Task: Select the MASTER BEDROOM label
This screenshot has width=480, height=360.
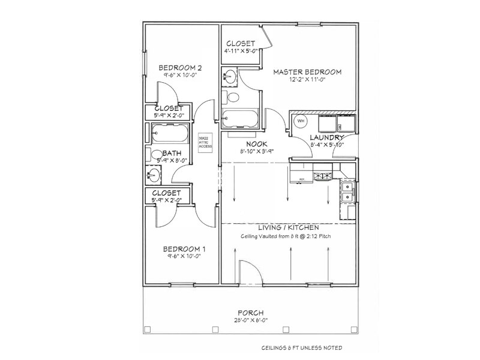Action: (307, 72)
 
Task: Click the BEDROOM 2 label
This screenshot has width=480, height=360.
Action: (179, 68)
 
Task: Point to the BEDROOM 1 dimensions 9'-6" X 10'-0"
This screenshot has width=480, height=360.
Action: (180, 256)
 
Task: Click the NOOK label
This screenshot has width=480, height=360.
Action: (256, 144)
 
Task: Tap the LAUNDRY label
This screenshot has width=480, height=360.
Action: (326, 138)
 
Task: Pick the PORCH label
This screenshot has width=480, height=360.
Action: (251, 313)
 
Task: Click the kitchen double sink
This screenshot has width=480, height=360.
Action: (347, 193)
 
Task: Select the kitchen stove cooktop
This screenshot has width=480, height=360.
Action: (324, 176)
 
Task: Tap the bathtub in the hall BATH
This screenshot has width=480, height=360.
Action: (169, 131)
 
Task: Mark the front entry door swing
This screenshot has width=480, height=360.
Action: (249, 271)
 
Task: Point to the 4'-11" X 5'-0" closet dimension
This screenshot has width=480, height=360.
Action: (241, 52)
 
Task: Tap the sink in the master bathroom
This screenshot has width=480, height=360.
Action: (230, 76)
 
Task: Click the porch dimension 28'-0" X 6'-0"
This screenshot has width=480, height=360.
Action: (251, 320)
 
